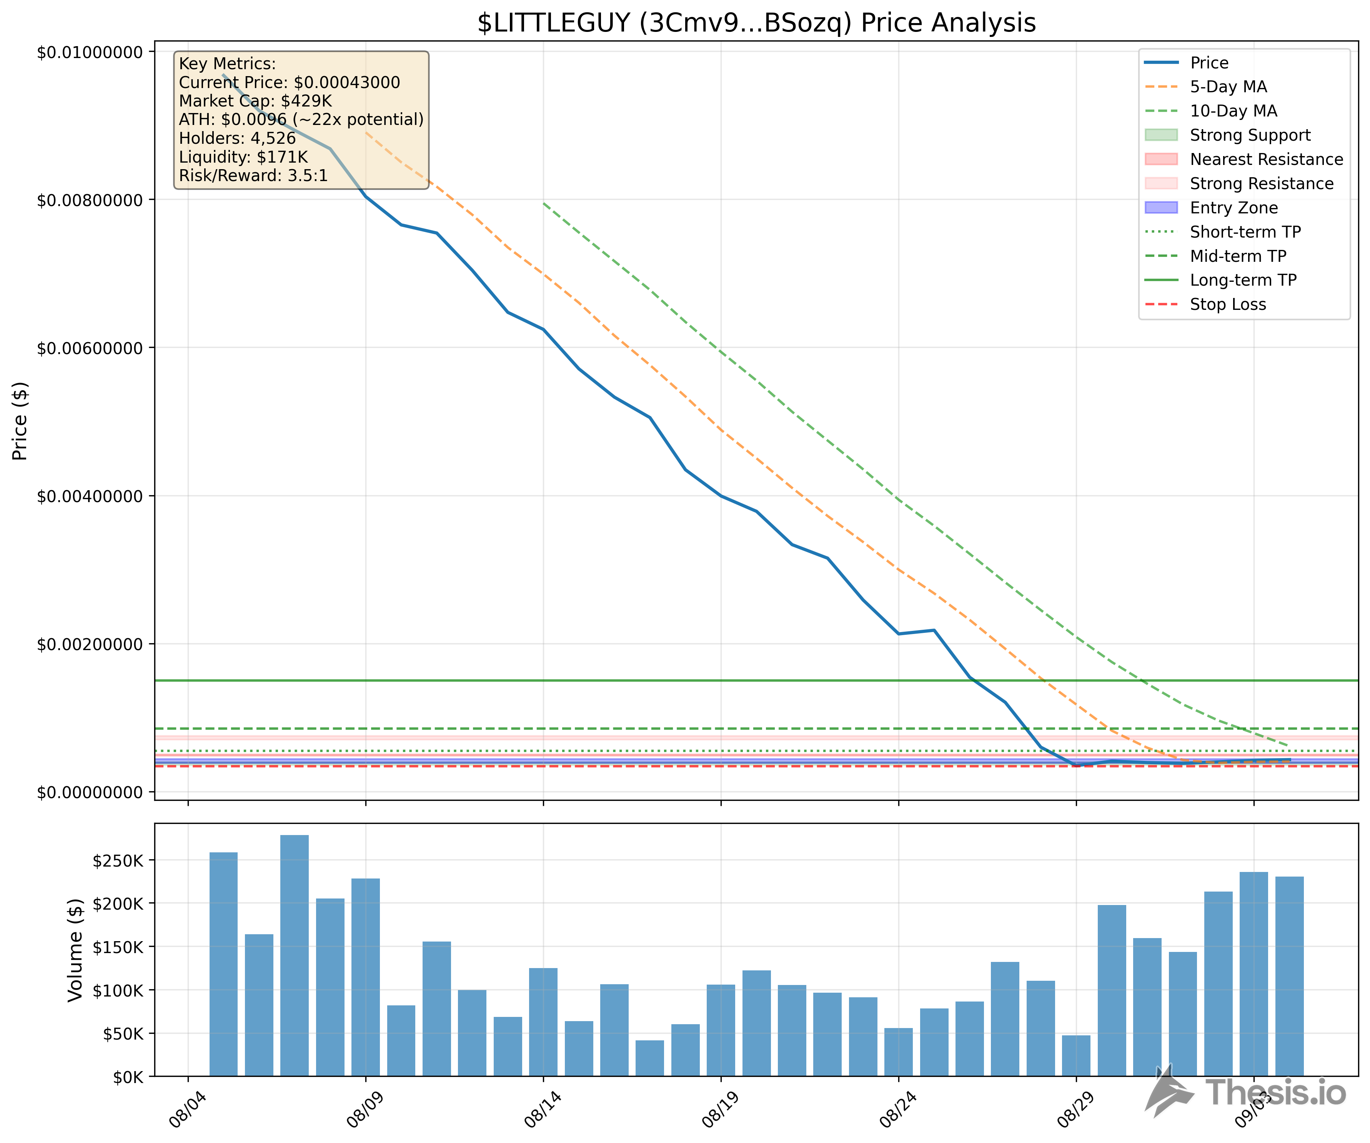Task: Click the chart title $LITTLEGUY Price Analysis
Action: [756, 23]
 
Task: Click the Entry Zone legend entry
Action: [1233, 208]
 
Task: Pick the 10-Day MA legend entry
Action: [1233, 111]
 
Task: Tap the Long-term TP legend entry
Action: [1243, 281]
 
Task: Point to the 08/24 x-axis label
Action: [896, 1109]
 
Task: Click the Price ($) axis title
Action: [20, 421]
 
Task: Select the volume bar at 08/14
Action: [543, 1022]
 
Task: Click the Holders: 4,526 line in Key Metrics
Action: [238, 138]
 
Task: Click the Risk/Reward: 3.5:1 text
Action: [253, 175]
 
